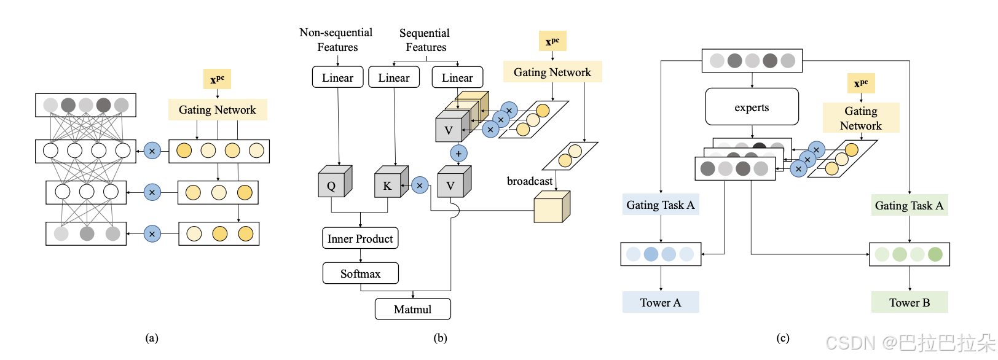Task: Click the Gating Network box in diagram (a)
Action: (x=218, y=110)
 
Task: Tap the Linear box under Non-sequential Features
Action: (x=337, y=77)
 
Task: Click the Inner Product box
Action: (x=360, y=238)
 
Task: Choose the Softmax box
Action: (x=360, y=273)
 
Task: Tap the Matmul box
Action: (x=412, y=309)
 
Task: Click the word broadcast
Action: (x=529, y=181)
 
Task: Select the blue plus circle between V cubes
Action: (x=458, y=153)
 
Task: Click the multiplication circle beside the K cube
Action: (x=420, y=185)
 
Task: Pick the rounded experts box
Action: (x=752, y=107)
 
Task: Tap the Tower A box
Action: (x=661, y=302)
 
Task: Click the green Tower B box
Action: (x=909, y=302)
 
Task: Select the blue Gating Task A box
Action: (x=661, y=205)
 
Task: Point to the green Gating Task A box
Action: (x=909, y=205)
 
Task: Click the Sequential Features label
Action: (x=425, y=40)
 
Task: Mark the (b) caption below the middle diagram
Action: (x=440, y=338)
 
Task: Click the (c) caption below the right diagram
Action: (x=782, y=338)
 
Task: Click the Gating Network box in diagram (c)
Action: (x=860, y=118)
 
